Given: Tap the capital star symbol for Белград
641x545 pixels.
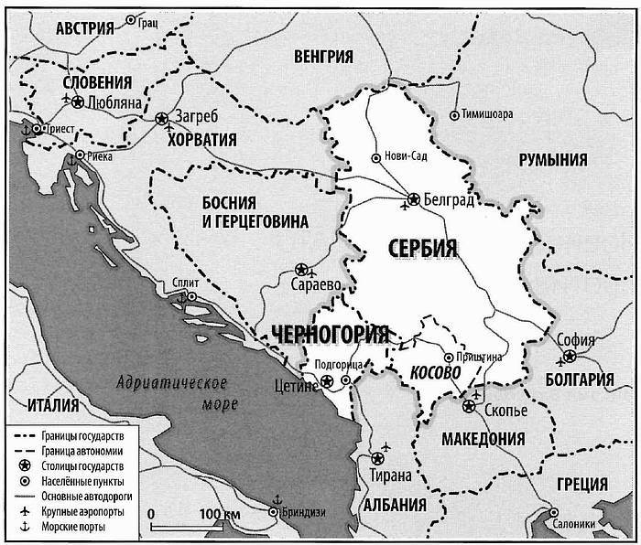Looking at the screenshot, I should (414, 197).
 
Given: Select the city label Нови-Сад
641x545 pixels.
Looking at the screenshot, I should (407, 155).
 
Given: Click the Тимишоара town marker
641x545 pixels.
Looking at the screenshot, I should (455, 115).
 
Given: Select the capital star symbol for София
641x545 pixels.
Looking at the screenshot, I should (570, 355).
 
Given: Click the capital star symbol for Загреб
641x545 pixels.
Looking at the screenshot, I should (162, 118).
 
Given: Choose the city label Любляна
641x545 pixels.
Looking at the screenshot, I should (114, 102).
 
